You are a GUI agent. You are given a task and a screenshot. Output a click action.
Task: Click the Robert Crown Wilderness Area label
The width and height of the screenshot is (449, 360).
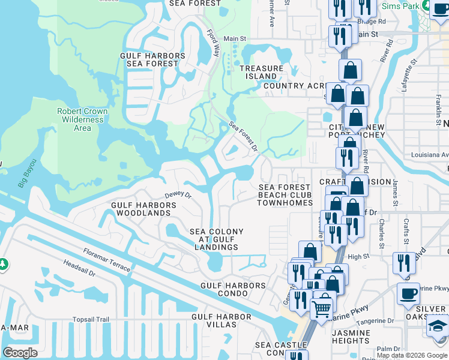coord(82,119)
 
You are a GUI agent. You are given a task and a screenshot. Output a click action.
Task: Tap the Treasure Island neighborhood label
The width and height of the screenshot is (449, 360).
coord(261,72)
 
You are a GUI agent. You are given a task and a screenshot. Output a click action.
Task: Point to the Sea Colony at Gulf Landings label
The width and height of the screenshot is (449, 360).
coord(217,239)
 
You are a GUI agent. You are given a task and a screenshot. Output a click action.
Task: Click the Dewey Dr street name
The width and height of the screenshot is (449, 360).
coord(178,195)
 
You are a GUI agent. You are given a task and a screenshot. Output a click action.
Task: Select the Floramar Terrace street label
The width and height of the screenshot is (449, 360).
coord(107,260)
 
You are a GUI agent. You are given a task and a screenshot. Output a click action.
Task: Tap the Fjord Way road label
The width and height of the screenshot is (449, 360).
coord(212,43)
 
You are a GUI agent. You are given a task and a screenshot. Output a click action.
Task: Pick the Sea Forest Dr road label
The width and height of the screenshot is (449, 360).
coord(243,136)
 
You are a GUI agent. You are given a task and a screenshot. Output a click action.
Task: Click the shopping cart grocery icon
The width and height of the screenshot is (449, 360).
coord(322,308)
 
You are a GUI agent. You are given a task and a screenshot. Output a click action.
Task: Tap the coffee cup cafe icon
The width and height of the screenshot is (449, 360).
coord(408,293)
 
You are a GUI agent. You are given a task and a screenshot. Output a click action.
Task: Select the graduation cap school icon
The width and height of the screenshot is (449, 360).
coord(437,326)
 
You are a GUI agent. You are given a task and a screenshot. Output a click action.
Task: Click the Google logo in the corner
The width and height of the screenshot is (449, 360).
coord(20,352)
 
